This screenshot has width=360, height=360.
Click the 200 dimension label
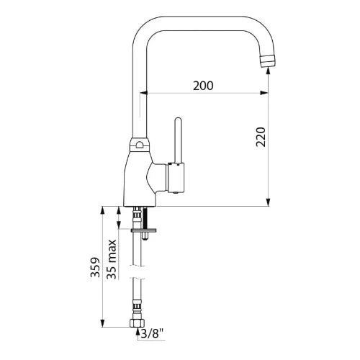point(203,86)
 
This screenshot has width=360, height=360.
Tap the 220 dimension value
point(261,137)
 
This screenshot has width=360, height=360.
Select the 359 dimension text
point(95,267)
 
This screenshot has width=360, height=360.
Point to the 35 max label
point(112,259)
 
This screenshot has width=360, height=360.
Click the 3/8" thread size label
point(152,333)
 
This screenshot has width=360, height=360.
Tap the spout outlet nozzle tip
point(268,60)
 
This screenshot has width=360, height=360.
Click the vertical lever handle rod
point(178,140)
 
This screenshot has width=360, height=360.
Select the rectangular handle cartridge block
point(176,178)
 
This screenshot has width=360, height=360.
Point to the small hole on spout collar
point(139,145)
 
